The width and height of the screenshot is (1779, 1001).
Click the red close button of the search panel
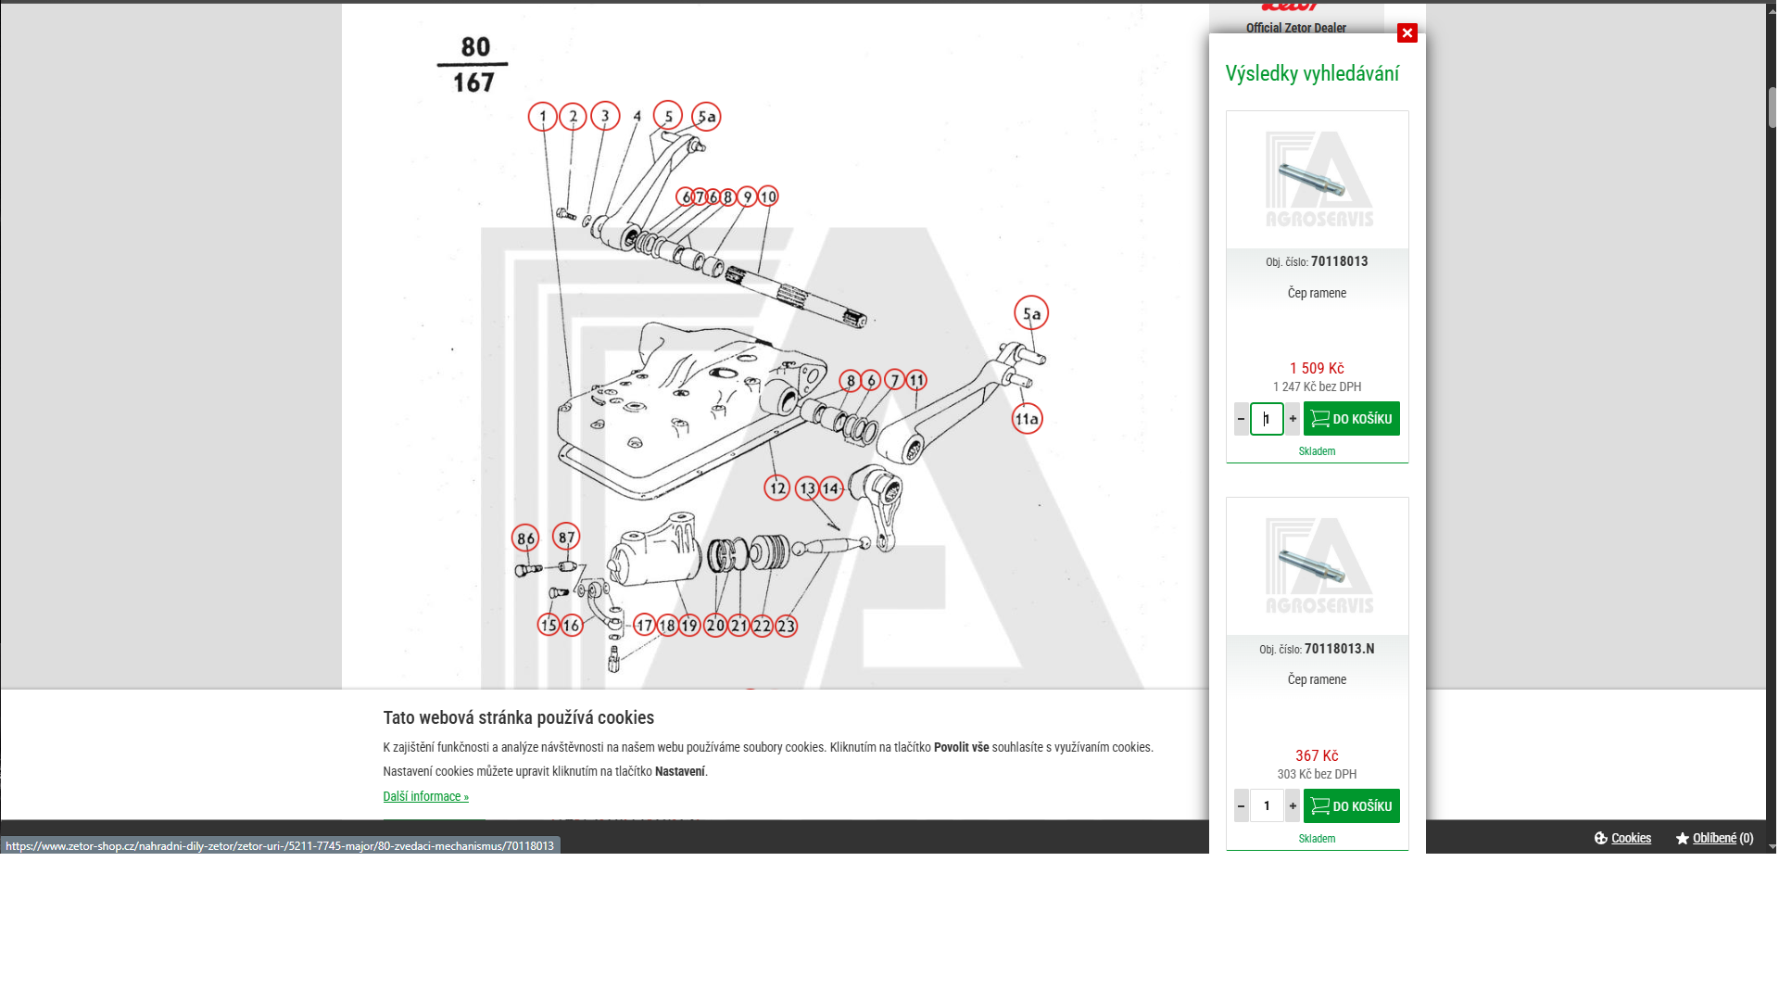click(1407, 33)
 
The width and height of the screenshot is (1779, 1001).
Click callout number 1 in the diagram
click(543, 117)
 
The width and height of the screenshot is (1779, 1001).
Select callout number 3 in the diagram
click(605, 116)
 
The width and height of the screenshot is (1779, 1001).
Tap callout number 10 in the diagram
click(768, 196)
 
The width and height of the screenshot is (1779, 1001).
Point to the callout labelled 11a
click(1027, 419)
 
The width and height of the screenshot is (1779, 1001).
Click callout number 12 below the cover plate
click(776, 488)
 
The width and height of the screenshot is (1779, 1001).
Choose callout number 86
click(525, 539)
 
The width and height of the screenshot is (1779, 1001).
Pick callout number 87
click(566, 536)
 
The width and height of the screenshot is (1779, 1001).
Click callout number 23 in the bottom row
click(786, 626)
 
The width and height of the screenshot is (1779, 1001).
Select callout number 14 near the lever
click(831, 488)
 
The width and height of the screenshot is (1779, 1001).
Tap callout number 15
click(549, 625)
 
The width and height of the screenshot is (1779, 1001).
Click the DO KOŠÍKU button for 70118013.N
click(1351, 806)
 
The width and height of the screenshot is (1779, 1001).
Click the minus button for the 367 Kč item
click(1241, 806)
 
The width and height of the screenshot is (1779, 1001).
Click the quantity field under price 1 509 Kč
click(1267, 419)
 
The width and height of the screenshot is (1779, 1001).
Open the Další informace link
click(425, 796)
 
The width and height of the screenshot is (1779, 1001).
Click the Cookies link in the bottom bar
click(1631, 838)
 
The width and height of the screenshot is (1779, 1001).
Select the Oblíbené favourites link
click(1714, 838)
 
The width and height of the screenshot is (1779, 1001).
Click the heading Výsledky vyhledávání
click(1312, 74)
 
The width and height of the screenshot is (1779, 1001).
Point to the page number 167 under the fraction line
click(473, 83)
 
